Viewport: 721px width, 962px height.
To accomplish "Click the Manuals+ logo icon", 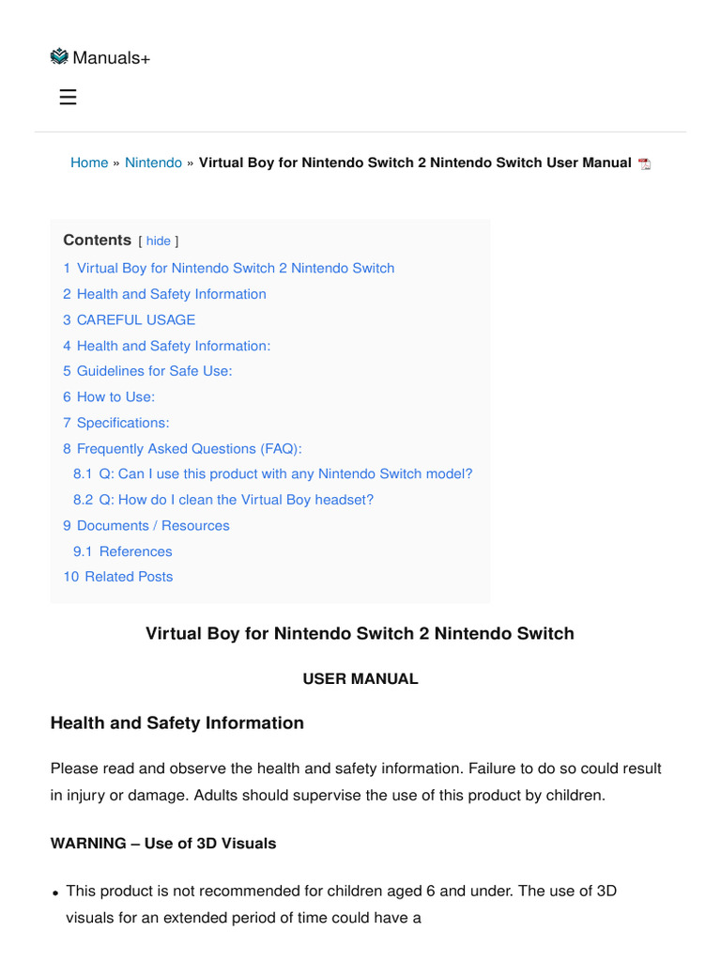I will (x=59, y=56).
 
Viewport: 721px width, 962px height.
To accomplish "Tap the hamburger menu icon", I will (x=68, y=97).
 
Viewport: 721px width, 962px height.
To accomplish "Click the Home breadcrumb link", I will (x=89, y=163).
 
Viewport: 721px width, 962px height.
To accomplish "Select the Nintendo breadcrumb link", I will (x=153, y=163).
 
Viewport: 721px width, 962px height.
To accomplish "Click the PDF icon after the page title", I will (x=644, y=163).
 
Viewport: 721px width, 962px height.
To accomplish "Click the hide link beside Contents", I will (x=158, y=241).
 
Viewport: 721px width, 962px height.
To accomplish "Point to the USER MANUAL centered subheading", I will (x=360, y=678).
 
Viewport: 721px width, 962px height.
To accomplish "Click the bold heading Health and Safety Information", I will (x=176, y=722).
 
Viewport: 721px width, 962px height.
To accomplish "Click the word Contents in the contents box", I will (x=97, y=240).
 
